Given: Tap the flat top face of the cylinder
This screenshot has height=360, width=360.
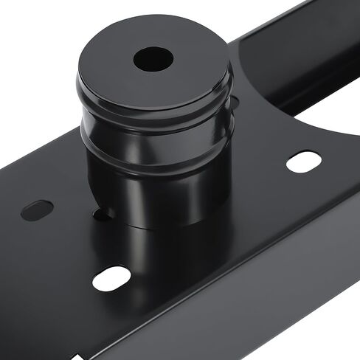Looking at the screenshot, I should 184,74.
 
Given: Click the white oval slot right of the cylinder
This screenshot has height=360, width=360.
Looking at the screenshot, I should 304,161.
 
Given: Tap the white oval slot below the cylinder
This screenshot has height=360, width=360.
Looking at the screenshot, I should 111,278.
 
